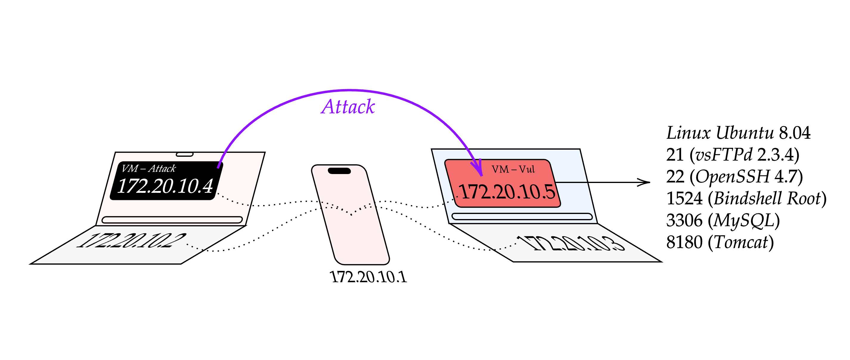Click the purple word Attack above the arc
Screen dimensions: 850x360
(348, 106)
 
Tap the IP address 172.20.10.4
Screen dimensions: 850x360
(165, 186)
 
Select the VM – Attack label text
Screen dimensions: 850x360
(148, 168)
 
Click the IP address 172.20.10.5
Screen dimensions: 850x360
(507, 191)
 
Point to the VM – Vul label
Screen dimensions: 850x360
(513, 169)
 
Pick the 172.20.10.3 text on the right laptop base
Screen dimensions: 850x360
(570, 243)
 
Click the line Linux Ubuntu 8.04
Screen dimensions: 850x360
(738, 133)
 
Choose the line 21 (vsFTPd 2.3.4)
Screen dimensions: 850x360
(733, 154)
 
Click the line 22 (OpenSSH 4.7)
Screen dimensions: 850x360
(734, 176)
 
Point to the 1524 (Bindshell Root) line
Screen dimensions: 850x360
(746, 198)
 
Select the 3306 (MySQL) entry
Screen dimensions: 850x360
(723, 220)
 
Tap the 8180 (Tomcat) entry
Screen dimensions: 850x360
(720, 242)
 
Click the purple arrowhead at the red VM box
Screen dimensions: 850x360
(477, 168)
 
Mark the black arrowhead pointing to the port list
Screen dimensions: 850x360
(644, 182)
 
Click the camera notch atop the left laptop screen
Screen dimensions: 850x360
(184, 154)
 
